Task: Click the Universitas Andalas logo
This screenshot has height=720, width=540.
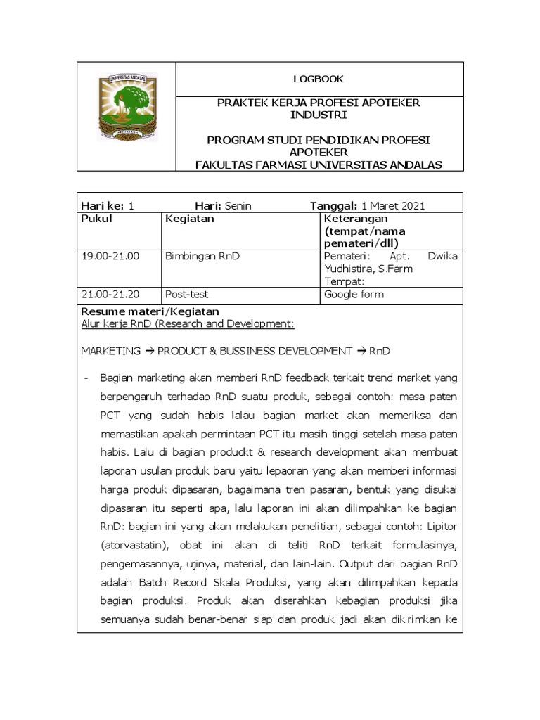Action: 127,108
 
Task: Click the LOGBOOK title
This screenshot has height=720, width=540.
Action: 319,79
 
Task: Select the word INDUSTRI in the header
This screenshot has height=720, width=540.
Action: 319,115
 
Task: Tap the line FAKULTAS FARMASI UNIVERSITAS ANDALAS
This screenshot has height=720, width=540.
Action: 319,165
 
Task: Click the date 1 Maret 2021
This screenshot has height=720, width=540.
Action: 393,205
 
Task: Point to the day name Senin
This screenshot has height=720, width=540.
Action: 238,205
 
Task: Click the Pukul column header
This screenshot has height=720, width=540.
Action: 97,219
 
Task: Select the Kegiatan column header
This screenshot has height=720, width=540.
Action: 189,219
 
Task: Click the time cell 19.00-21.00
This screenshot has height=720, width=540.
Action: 110,256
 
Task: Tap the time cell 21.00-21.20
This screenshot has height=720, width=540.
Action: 110,294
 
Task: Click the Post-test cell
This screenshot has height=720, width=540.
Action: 186,294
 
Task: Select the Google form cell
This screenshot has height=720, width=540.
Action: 354,294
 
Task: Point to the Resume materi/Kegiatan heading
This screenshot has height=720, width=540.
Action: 150,311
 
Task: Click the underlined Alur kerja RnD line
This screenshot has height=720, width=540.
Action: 188,323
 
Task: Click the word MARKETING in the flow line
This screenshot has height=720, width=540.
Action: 111,350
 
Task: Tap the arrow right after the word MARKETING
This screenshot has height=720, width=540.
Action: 149,350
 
